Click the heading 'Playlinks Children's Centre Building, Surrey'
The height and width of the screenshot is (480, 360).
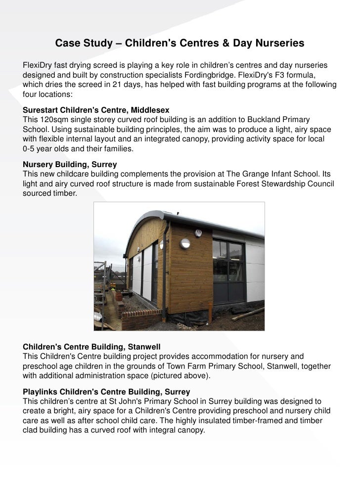106,392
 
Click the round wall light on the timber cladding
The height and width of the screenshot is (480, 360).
186,243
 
